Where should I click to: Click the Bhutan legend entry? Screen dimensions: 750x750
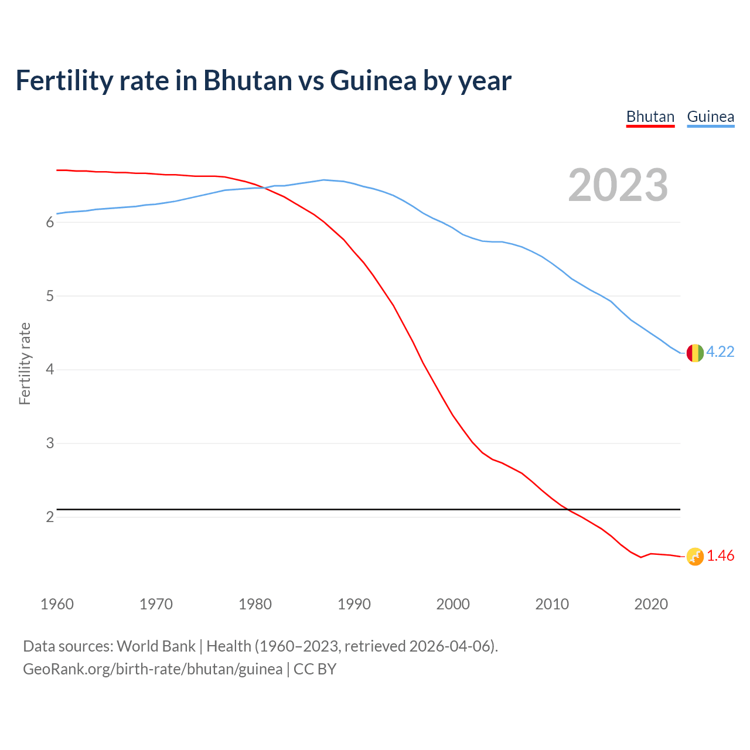point(650,117)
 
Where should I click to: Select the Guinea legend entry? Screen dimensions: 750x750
point(710,117)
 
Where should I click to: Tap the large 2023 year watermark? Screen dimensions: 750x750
point(618,185)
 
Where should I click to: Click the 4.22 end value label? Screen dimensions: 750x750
point(720,352)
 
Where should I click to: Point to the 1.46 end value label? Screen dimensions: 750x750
point(720,555)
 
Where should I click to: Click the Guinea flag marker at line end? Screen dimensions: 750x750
point(695,353)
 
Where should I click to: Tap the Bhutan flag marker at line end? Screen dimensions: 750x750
point(695,557)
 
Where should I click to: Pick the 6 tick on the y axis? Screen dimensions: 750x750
point(50,223)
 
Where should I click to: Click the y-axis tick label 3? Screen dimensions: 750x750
point(50,444)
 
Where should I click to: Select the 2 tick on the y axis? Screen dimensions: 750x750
point(50,517)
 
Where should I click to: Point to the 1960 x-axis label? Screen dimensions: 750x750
point(57,604)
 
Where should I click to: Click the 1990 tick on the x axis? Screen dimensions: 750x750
point(354,604)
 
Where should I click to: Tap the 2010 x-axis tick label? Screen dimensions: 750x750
point(552,604)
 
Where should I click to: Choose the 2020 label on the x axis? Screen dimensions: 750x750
point(651,604)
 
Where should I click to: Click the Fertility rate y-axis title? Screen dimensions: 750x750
point(25,363)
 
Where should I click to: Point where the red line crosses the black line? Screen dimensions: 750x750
point(567,510)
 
